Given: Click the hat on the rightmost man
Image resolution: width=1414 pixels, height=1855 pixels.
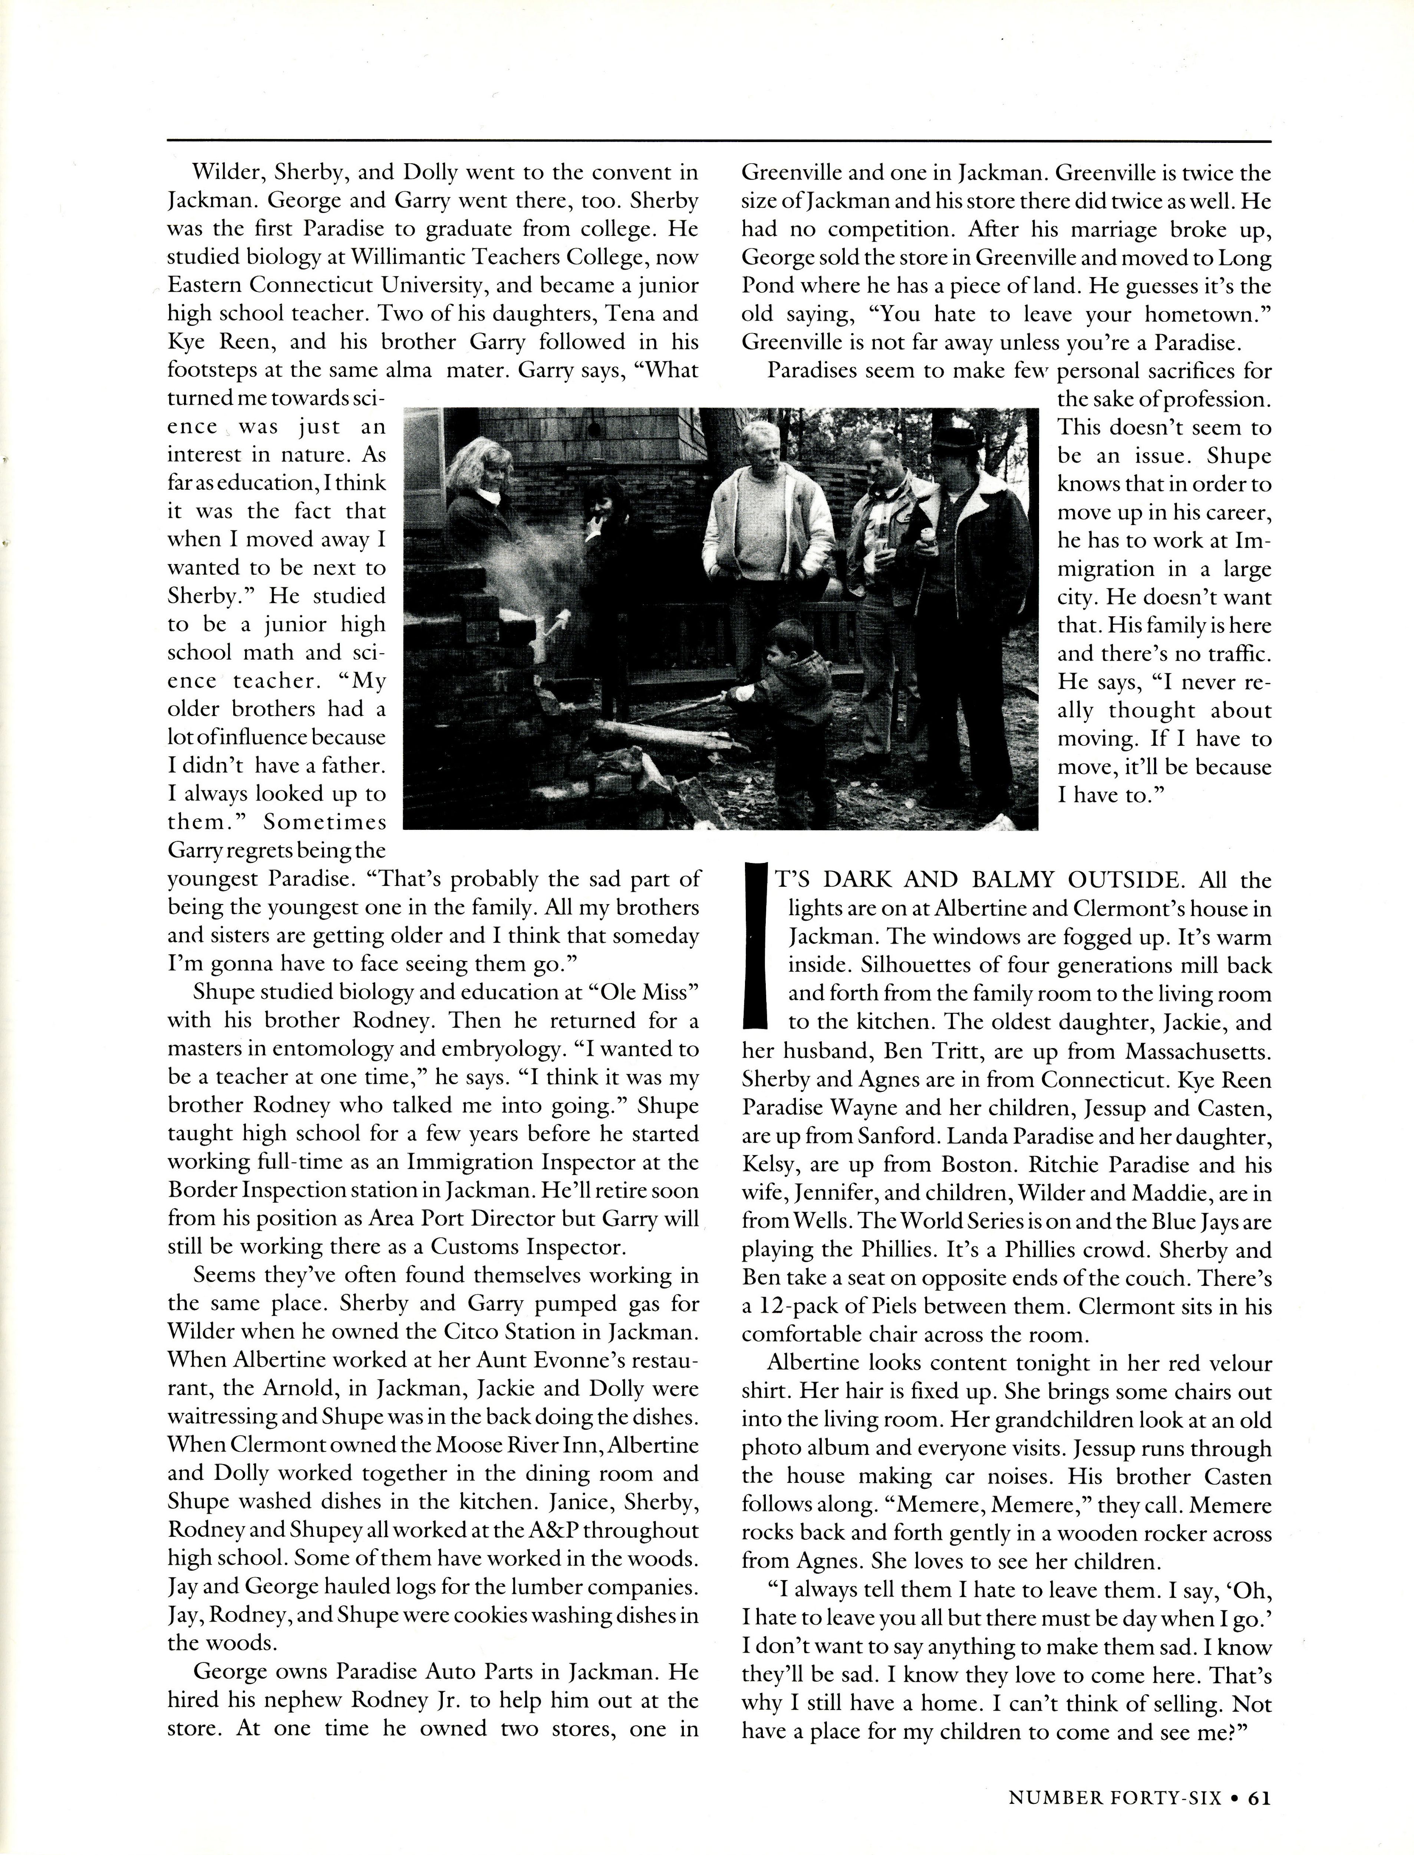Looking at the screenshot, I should tap(958, 438).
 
